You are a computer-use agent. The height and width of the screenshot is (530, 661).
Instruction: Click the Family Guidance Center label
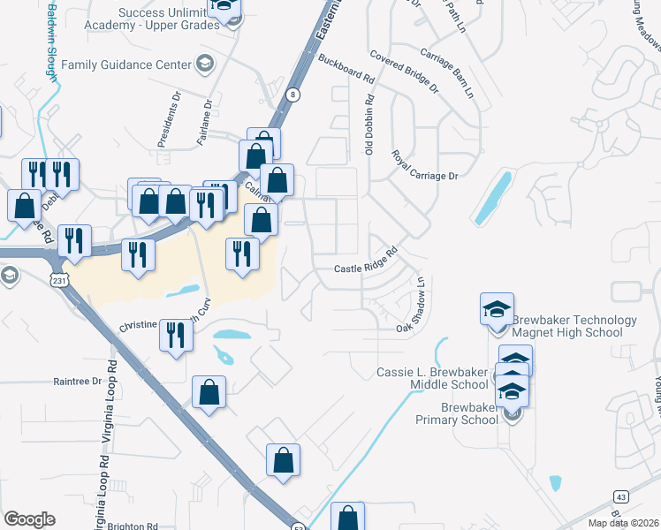click(x=125, y=64)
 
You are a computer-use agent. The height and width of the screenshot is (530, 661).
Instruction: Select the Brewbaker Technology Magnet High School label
click(x=574, y=326)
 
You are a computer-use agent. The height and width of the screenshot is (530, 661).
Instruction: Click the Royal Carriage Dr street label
click(x=425, y=166)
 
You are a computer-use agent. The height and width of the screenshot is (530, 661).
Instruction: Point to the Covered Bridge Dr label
click(x=405, y=72)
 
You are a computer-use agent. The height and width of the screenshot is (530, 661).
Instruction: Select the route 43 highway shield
click(x=622, y=497)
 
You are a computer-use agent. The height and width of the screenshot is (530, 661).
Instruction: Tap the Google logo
click(x=29, y=519)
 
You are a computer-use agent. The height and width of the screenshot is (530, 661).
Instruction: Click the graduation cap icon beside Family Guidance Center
click(x=205, y=64)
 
